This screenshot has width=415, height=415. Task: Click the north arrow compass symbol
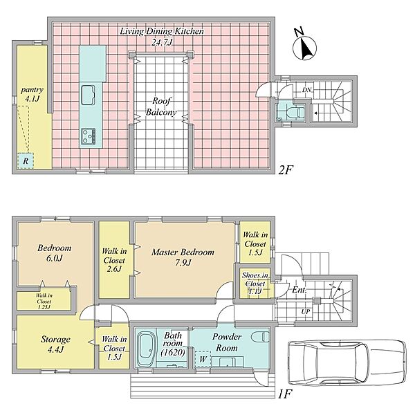pyautogui.click(x=304, y=47)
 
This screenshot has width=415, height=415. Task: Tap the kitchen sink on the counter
pyautogui.click(x=88, y=95)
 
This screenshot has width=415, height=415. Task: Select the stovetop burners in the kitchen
pyautogui.click(x=88, y=136)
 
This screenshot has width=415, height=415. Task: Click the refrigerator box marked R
pyautogui.click(x=26, y=160)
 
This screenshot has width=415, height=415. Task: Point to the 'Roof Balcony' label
pyautogui.click(x=161, y=107)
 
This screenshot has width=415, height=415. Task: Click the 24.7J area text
pyautogui.click(x=162, y=41)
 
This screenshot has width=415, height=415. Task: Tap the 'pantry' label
pyautogui.click(x=32, y=89)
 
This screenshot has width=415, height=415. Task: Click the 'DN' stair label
pyautogui.click(x=306, y=90)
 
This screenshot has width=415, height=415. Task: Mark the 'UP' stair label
pyautogui.click(x=306, y=311)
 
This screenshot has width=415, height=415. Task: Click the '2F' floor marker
pyautogui.click(x=286, y=170)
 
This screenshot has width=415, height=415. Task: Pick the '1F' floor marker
pyautogui.click(x=284, y=395)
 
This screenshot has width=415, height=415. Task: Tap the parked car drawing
pyautogui.click(x=347, y=362)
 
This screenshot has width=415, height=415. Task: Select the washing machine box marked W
pyautogui.click(x=203, y=360)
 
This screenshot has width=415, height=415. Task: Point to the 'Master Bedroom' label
pyautogui.click(x=183, y=252)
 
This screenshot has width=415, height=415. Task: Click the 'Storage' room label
pyautogui.click(x=55, y=340)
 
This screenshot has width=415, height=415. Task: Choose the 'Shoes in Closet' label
pyautogui.click(x=255, y=279)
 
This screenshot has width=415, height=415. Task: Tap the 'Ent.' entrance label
pyautogui.click(x=299, y=290)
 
